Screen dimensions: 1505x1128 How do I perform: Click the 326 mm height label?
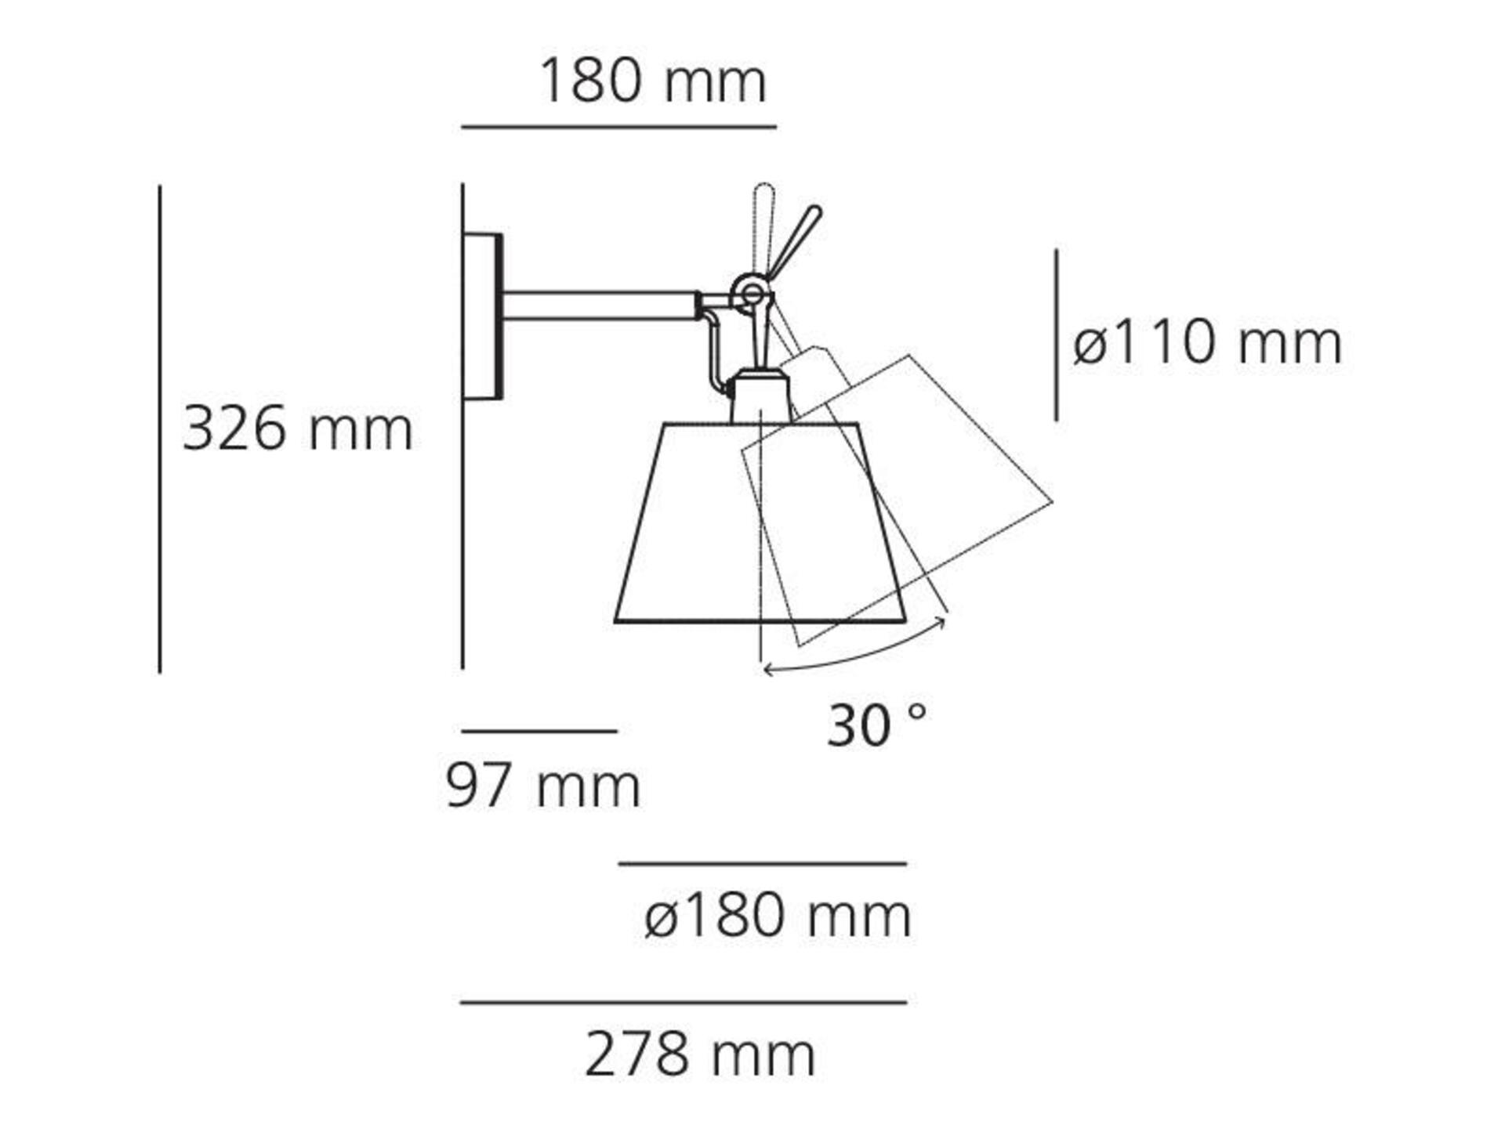297,429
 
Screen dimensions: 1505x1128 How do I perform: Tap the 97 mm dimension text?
543,786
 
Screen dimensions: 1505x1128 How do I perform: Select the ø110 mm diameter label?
1207,342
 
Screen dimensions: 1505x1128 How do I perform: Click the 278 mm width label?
700,1055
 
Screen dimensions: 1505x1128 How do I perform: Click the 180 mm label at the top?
652,81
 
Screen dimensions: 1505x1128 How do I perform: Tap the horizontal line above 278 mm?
684,1002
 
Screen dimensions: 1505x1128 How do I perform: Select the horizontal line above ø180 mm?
763,864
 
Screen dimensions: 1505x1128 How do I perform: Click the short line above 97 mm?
539,731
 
